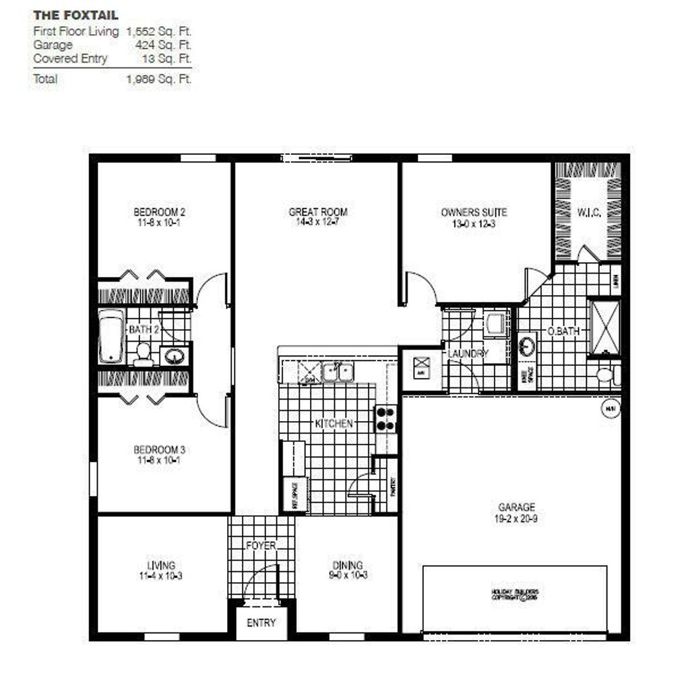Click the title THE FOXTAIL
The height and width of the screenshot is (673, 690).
pos(75,15)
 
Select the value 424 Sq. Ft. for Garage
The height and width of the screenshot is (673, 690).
pos(164,45)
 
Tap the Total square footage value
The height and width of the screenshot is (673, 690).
pos(159,79)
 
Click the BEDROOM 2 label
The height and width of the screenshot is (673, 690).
pos(159,213)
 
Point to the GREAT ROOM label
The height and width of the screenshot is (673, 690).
pos(318,212)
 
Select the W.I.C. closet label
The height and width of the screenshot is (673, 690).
pos(588,214)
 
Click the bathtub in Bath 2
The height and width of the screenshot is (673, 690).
pos(112,337)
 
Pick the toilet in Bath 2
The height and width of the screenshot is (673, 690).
pos(143,353)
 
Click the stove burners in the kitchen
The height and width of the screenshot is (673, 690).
pos(386,418)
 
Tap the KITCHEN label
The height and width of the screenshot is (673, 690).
pos(334,424)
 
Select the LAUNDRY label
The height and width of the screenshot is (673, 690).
pos(468,353)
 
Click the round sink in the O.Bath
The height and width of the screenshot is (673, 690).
pos(528,346)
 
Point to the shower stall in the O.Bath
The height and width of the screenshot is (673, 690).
pos(604,327)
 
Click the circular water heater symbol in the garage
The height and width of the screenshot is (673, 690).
pos(610,408)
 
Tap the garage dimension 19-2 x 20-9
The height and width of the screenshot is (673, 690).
pos(516,519)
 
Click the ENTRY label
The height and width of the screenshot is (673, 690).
pos(261,622)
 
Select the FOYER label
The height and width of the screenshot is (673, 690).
pos(260,545)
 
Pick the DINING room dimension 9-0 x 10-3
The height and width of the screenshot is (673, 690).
pos(347,575)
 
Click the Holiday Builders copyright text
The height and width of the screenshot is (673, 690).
pos(515,594)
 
